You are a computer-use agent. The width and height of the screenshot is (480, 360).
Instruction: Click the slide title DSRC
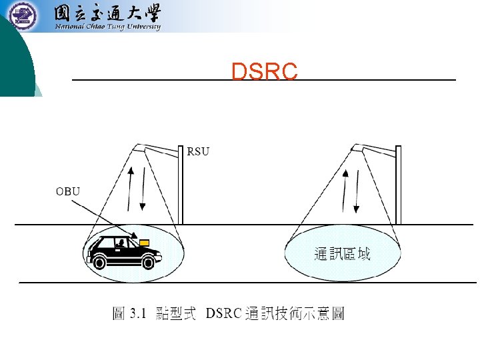point(264,72)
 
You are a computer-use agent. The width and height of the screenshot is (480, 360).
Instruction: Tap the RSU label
point(198,151)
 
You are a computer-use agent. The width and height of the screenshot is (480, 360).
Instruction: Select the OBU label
point(67,192)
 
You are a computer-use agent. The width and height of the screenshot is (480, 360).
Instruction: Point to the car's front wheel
point(147,261)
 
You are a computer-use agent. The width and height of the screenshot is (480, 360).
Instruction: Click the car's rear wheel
point(101,261)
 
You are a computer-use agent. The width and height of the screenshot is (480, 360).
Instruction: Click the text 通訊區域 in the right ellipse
point(342,253)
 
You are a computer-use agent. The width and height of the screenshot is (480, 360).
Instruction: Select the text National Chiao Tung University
point(107,27)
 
